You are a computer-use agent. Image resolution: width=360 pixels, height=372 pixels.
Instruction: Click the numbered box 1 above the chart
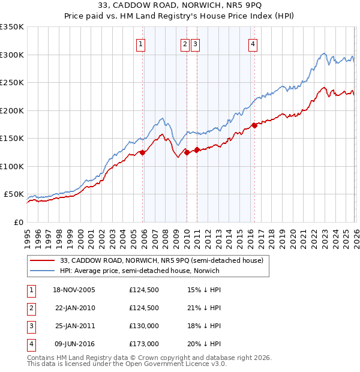click(140, 43)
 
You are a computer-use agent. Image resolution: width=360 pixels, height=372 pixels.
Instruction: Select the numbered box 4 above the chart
click(253, 43)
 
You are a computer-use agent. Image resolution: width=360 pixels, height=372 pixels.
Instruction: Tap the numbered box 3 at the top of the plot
click(196, 43)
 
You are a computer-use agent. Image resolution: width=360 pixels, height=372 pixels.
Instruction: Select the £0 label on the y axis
click(19, 223)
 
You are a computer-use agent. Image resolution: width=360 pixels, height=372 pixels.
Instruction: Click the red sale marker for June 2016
click(254, 125)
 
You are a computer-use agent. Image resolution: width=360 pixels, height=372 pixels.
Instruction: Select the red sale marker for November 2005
click(142, 152)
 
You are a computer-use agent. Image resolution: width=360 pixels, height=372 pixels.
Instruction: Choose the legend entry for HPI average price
click(140, 271)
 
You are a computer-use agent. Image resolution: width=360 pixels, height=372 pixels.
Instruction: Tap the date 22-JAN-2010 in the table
click(75, 308)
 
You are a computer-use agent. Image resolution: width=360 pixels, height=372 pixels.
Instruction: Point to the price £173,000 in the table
click(143, 344)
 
